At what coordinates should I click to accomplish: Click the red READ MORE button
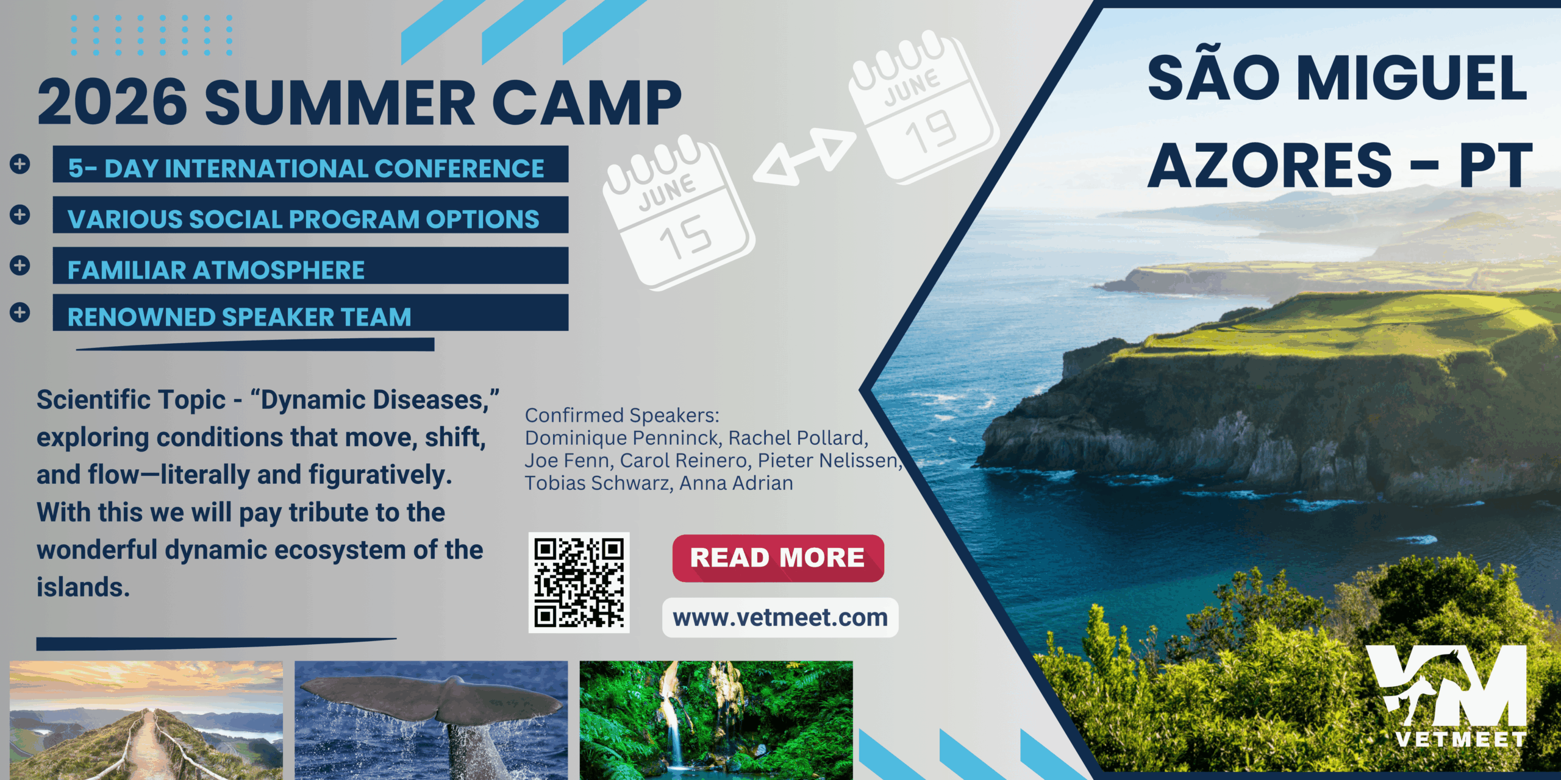pyautogui.click(x=778, y=558)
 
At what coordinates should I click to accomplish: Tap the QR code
pyautogui.click(x=579, y=583)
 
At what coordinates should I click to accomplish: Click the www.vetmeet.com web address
pyautogui.click(x=780, y=618)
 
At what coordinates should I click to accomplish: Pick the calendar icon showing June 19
pyautogui.click(x=924, y=107)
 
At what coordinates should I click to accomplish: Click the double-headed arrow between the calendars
pyautogui.click(x=804, y=157)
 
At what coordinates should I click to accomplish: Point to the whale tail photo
pyautogui.click(x=431, y=720)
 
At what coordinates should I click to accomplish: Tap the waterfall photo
pyautogui.click(x=716, y=720)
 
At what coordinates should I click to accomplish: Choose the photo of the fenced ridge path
pyautogui.click(x=146, y=720)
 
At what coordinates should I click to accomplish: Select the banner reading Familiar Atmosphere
pyautogui.click(x=310, y=266)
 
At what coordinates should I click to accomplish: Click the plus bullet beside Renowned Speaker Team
pyautogui.click(x=20, y=313)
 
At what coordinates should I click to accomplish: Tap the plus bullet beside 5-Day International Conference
pyautogui.click(x=20, y=164)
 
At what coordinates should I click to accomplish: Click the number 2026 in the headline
pyautogui.click(x=113, y=102)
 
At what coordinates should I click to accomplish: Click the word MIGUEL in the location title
pyautogui.click(x=1412, y=78)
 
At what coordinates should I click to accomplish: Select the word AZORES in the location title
pyautogui.click(x=1270, y=165)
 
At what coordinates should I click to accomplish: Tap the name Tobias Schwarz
pyautogui.click(x=597, y=483)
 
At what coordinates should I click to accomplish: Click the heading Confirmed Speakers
pyautogui.click(x=622, y=415)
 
